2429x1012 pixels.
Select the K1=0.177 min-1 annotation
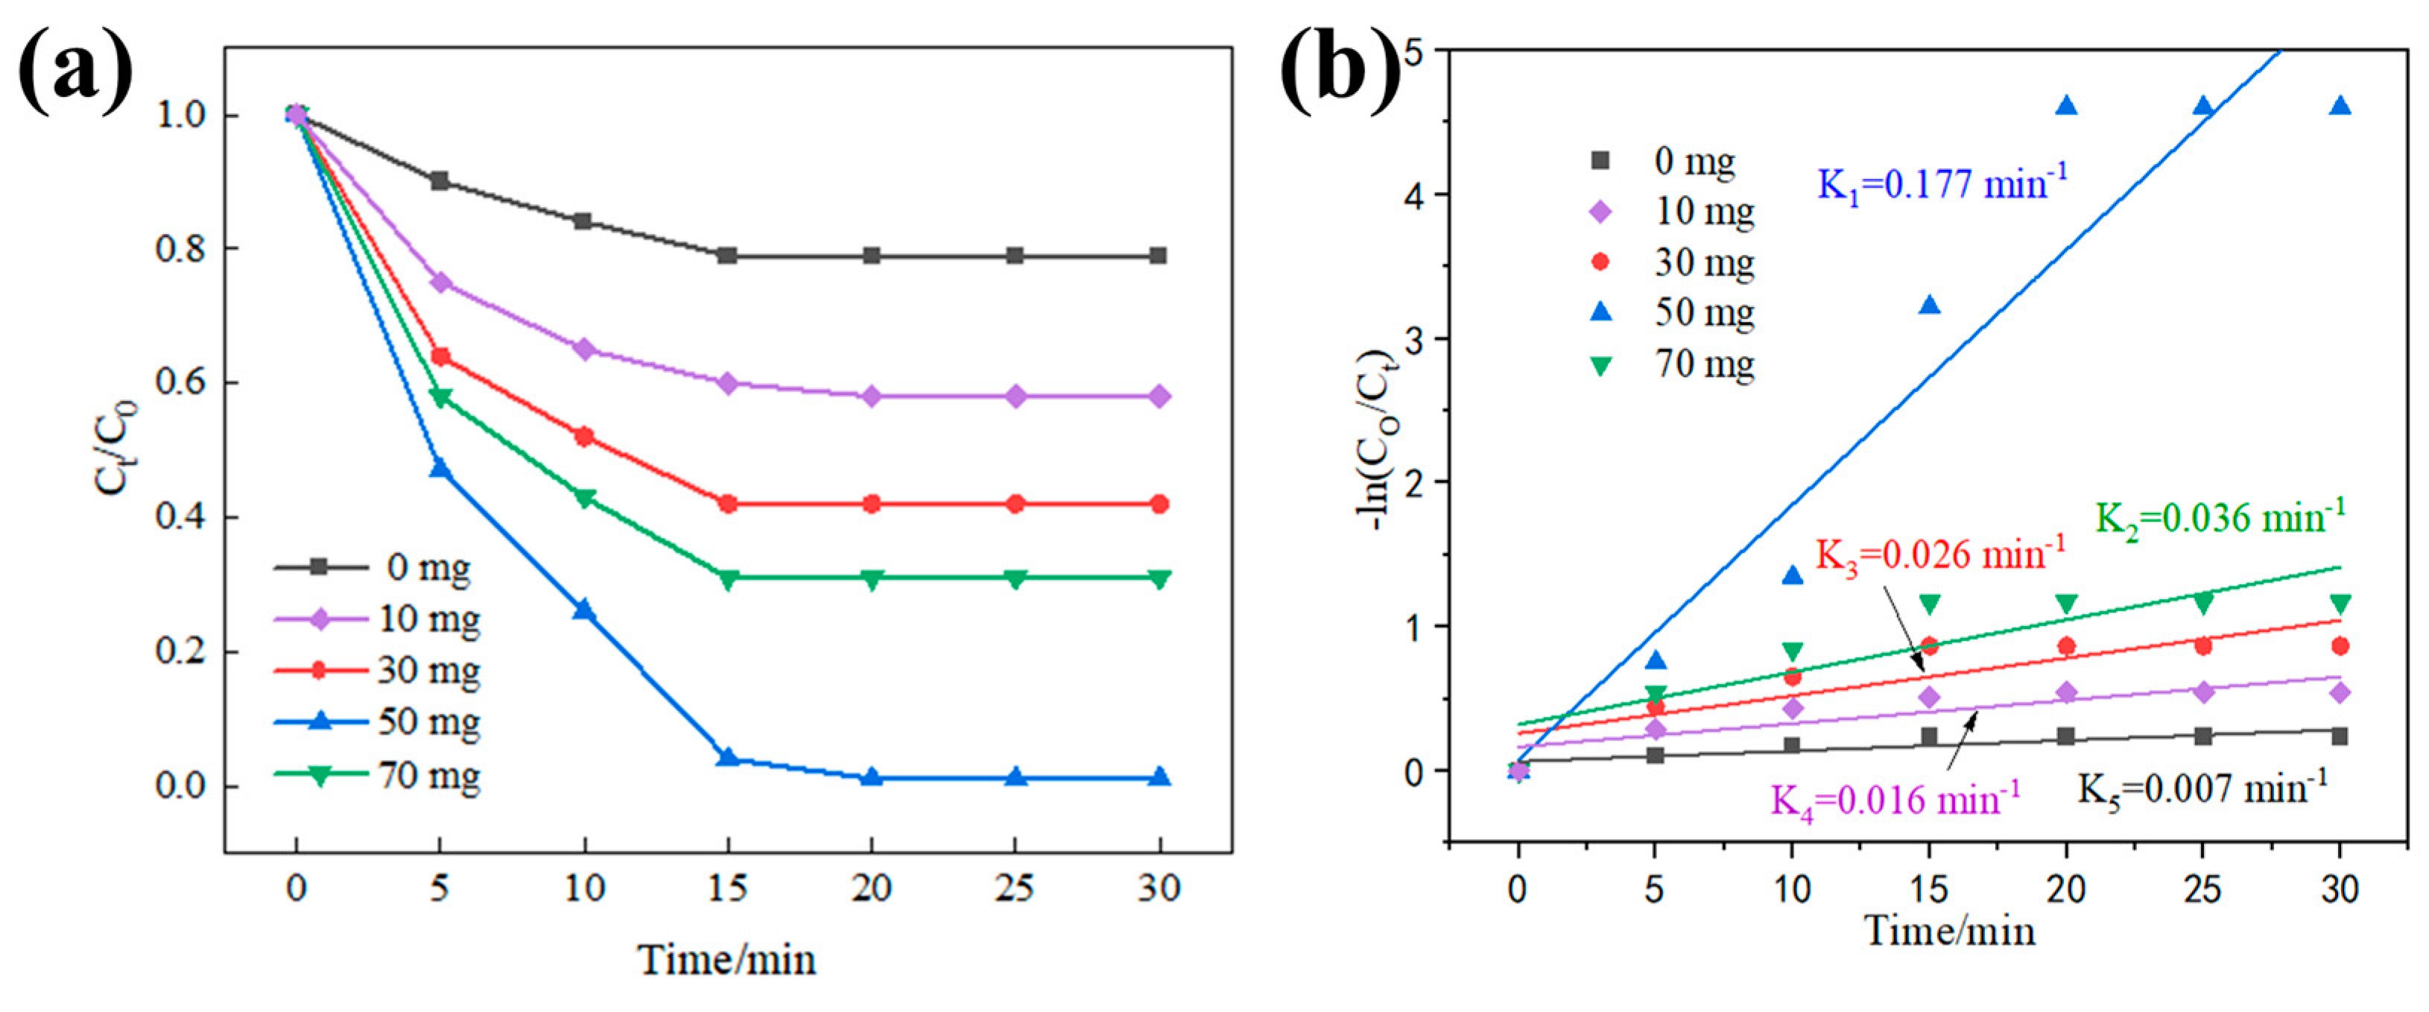pos(1942,182)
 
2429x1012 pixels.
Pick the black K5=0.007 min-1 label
pos(2202,788)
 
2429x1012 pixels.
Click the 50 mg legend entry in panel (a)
pos(377,722)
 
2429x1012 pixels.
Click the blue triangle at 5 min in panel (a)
pos(440,468)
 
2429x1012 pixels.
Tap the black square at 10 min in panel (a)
pos(583,221)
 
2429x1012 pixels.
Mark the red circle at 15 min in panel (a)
pos(727,504)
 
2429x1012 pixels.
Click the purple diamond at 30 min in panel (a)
pos(1159,396)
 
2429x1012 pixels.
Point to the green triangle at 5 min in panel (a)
pos(440,397)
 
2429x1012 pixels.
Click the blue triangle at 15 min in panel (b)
pos(1929,305)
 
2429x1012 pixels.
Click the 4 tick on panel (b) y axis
pos(1413,195)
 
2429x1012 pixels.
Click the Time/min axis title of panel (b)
pos(1949,932)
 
